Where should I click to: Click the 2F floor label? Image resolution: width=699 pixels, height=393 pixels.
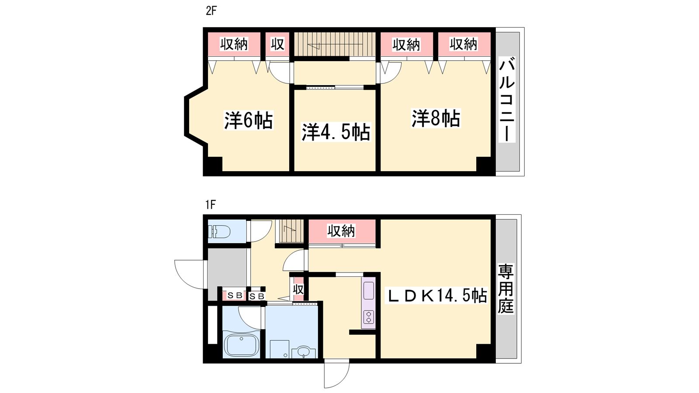(211, 11)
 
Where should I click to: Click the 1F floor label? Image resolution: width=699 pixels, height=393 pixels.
(210, 205)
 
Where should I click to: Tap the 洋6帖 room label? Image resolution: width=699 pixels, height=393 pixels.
(249, 120)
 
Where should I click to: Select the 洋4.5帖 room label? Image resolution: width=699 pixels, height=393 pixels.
(336, 132)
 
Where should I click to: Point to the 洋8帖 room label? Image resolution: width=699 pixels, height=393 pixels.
(436, 118)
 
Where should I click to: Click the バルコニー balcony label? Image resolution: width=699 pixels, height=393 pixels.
(507, 100)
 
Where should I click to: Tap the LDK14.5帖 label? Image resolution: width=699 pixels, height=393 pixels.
(437, 295)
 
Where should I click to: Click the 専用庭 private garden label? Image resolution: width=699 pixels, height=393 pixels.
(505, 289)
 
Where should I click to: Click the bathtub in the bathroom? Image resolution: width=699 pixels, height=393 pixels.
(242, 345)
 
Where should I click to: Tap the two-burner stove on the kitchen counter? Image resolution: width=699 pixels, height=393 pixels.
(369, 317)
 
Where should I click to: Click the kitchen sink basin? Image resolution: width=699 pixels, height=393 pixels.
(369, 290)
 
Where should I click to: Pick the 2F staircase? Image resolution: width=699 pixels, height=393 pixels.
(335, 44)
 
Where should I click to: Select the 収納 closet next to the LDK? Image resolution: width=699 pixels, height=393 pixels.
(342, 231)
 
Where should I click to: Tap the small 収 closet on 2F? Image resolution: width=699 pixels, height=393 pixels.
(277, 44)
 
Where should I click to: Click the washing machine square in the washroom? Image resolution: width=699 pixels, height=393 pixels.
(279, 349)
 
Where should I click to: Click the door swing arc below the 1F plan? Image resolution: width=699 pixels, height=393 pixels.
(337, 373)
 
